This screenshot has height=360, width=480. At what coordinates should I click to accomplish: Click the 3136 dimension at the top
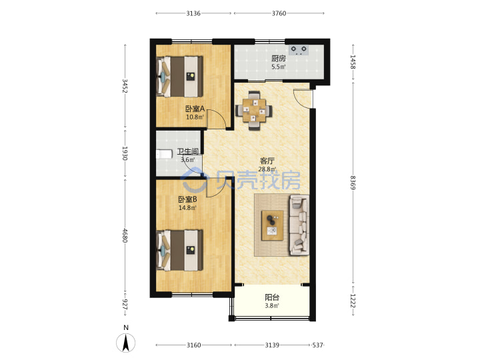tap(193, 13)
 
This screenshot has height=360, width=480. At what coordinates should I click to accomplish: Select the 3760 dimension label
tap(279, 13)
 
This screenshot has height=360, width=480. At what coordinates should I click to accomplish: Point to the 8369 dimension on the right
tap(353, 183)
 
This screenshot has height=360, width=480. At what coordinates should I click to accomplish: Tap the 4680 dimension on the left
tap(125, 235)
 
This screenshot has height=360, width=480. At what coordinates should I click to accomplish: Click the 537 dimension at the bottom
tap(317, 345)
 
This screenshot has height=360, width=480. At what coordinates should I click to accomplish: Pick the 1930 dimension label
tap(125, 153)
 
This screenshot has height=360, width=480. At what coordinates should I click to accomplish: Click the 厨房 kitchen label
tap(279, 58)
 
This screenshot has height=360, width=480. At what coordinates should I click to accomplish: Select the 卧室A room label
tap(195, 109)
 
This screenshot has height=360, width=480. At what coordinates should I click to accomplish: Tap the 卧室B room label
tap(187, 199)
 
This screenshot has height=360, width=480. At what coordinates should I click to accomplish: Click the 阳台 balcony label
tap(272, 297)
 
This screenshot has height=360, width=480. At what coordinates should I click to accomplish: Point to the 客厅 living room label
tap(267, 161)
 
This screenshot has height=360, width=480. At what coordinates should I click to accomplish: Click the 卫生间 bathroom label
tap(187, 151)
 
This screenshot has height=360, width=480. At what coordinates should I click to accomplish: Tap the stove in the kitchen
tap(299, 50)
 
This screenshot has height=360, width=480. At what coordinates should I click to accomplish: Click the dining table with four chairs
tap(254, 110)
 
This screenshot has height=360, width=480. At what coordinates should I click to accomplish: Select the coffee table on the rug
tap(272, 225)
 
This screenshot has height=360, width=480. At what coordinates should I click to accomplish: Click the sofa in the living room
tap(299, 225)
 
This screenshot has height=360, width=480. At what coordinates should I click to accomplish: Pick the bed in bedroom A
tap(180, 76)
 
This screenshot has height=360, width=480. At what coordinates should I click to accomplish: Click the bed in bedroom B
tap(180, 251)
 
